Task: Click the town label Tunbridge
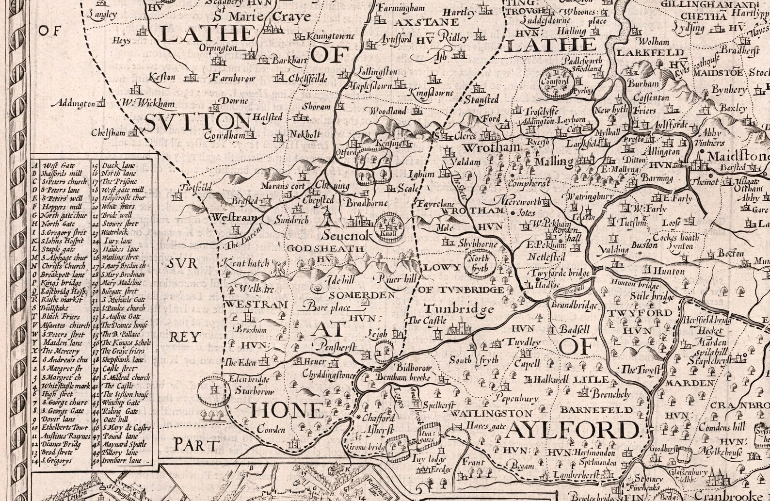pos(459,309)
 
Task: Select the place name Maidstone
pos(738,157)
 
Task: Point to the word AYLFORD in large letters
pos(573,430)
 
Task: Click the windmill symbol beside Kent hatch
pos(278,267)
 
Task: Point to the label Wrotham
pos(492,147)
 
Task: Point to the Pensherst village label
pos(335,346)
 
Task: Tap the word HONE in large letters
pos(287,411)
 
